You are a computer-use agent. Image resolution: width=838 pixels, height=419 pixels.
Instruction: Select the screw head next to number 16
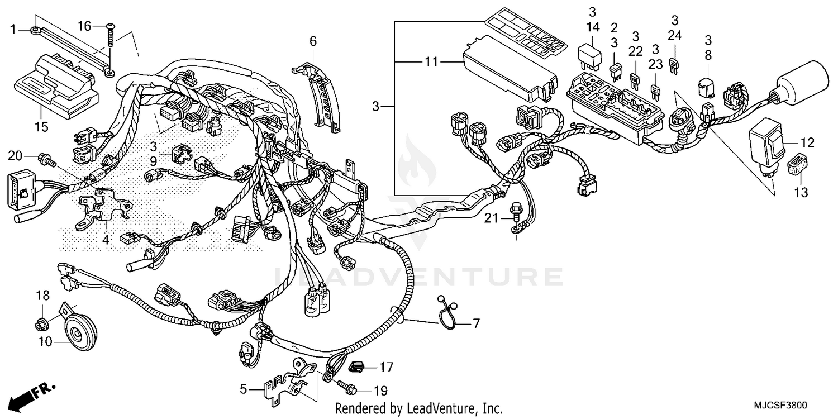point(111,26)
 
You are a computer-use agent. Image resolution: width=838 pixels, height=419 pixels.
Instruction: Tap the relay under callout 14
point(589,54)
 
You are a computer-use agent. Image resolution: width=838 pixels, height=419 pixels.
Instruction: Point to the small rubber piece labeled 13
point(796,165)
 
